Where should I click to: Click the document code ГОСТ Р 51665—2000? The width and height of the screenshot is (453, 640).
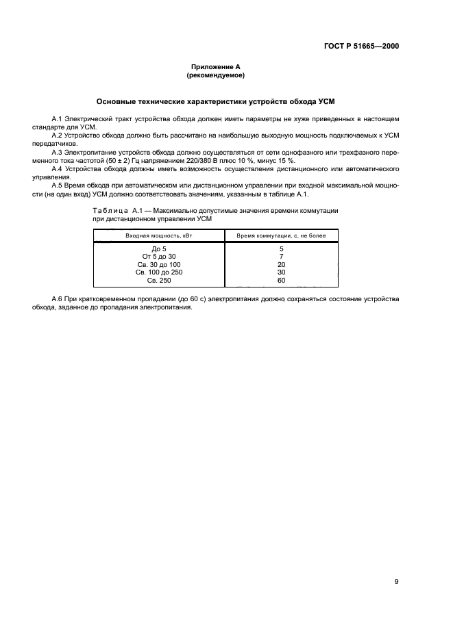coord(361,47)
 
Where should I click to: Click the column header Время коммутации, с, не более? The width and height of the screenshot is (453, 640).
coord(281,235)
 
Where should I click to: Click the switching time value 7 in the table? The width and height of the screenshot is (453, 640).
coord(281,257)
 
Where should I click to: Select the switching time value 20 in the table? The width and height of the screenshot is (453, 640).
coord(281,264)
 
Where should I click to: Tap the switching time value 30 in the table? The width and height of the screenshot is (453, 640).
coord(281,272)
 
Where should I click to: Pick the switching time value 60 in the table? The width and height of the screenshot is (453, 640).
coord(281,280)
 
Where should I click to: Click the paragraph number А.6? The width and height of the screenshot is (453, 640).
coord(58,299)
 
